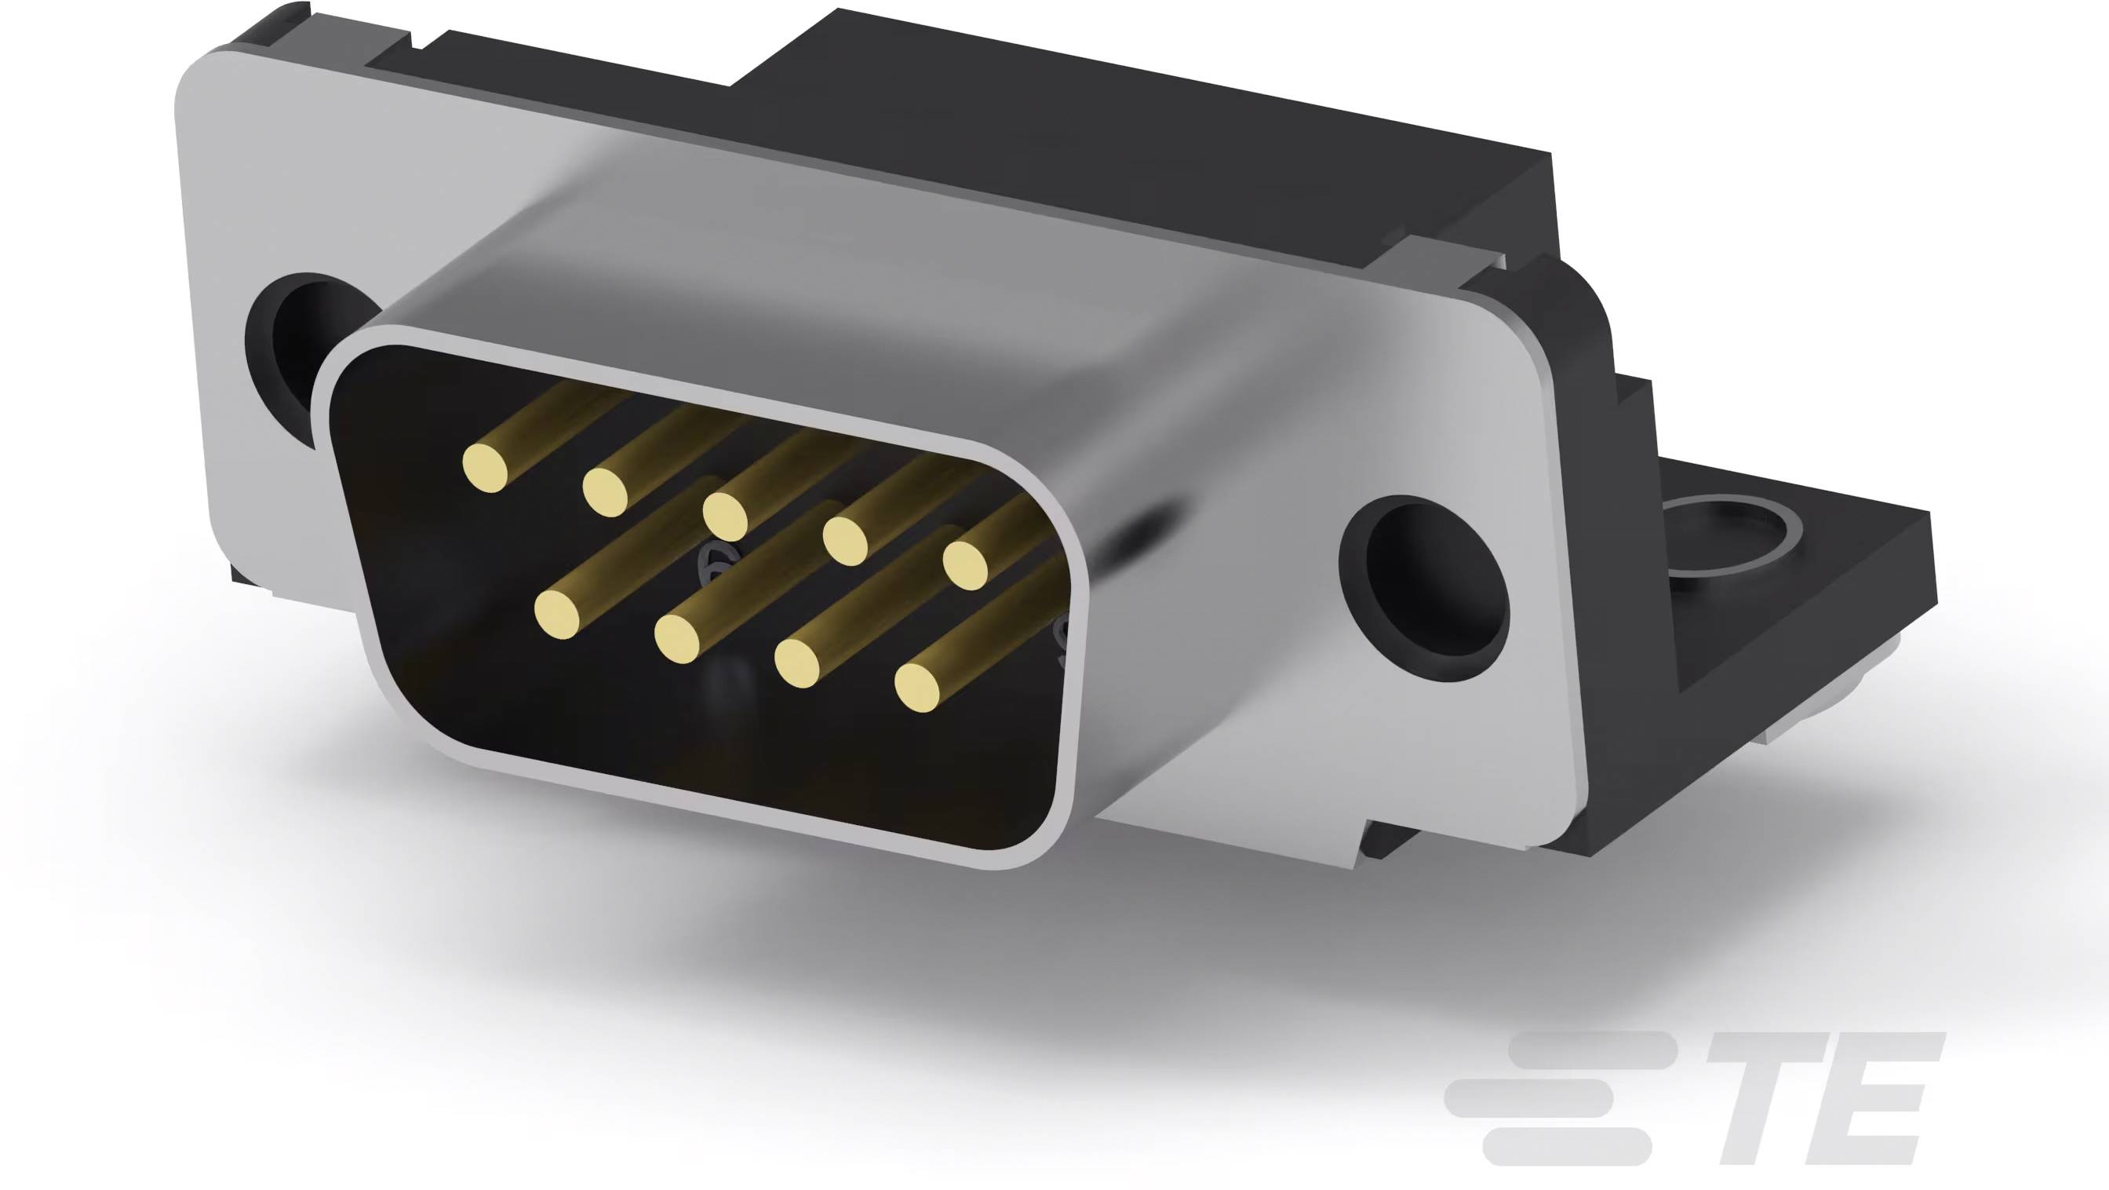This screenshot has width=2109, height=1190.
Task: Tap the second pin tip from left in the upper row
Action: pos(605,493)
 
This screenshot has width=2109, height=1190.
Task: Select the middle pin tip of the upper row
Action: pos(726,516)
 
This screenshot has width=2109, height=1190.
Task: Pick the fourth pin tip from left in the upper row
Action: pos(845,540)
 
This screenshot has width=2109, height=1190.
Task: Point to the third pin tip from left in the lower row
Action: pos(796,662)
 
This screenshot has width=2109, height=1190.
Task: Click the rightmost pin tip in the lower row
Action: pos(918,686)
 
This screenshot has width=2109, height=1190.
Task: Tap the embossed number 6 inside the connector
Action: pos(709,565)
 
